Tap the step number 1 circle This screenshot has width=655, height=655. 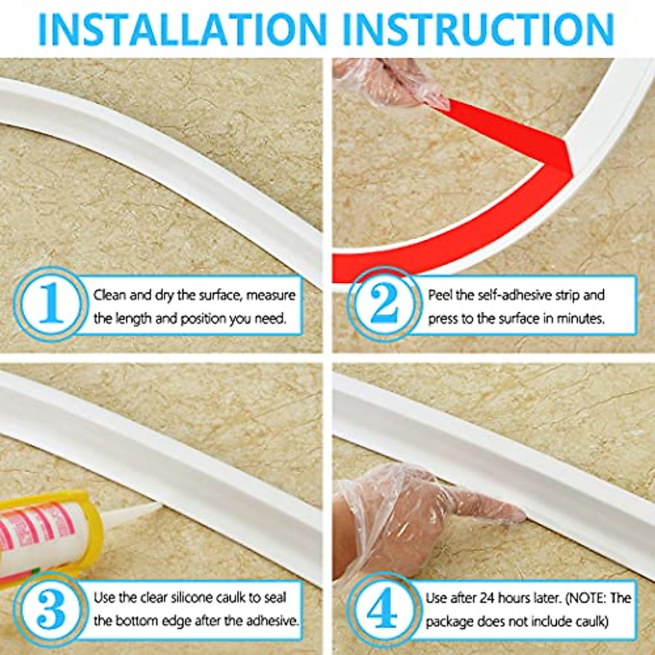click(50, 303)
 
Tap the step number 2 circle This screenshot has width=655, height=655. click(384, 303)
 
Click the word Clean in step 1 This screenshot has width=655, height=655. click(110, 295)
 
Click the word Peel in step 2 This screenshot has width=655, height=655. click(440, 295)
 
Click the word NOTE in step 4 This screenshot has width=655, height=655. click(588, 598)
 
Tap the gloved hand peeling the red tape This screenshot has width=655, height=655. click(382, 82)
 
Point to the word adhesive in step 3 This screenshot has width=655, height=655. click(271, 621)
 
